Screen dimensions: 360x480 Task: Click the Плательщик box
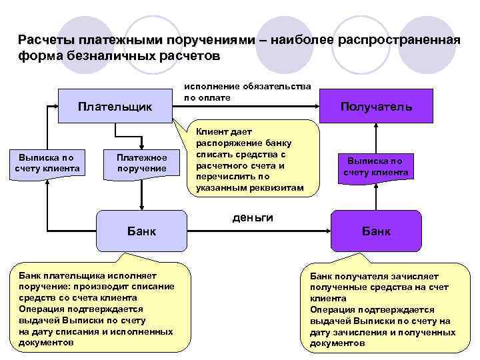coord(115,106)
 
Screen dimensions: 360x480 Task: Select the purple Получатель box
coord(376,106)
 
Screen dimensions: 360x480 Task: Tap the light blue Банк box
coord(141,231)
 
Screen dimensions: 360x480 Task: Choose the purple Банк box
coord(376,231)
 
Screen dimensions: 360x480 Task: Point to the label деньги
coord(253,219)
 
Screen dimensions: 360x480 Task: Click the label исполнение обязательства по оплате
coord(247,92)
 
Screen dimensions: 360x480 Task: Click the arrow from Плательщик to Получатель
coord(247,105)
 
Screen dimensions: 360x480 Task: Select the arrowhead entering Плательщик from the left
coord(55,105)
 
